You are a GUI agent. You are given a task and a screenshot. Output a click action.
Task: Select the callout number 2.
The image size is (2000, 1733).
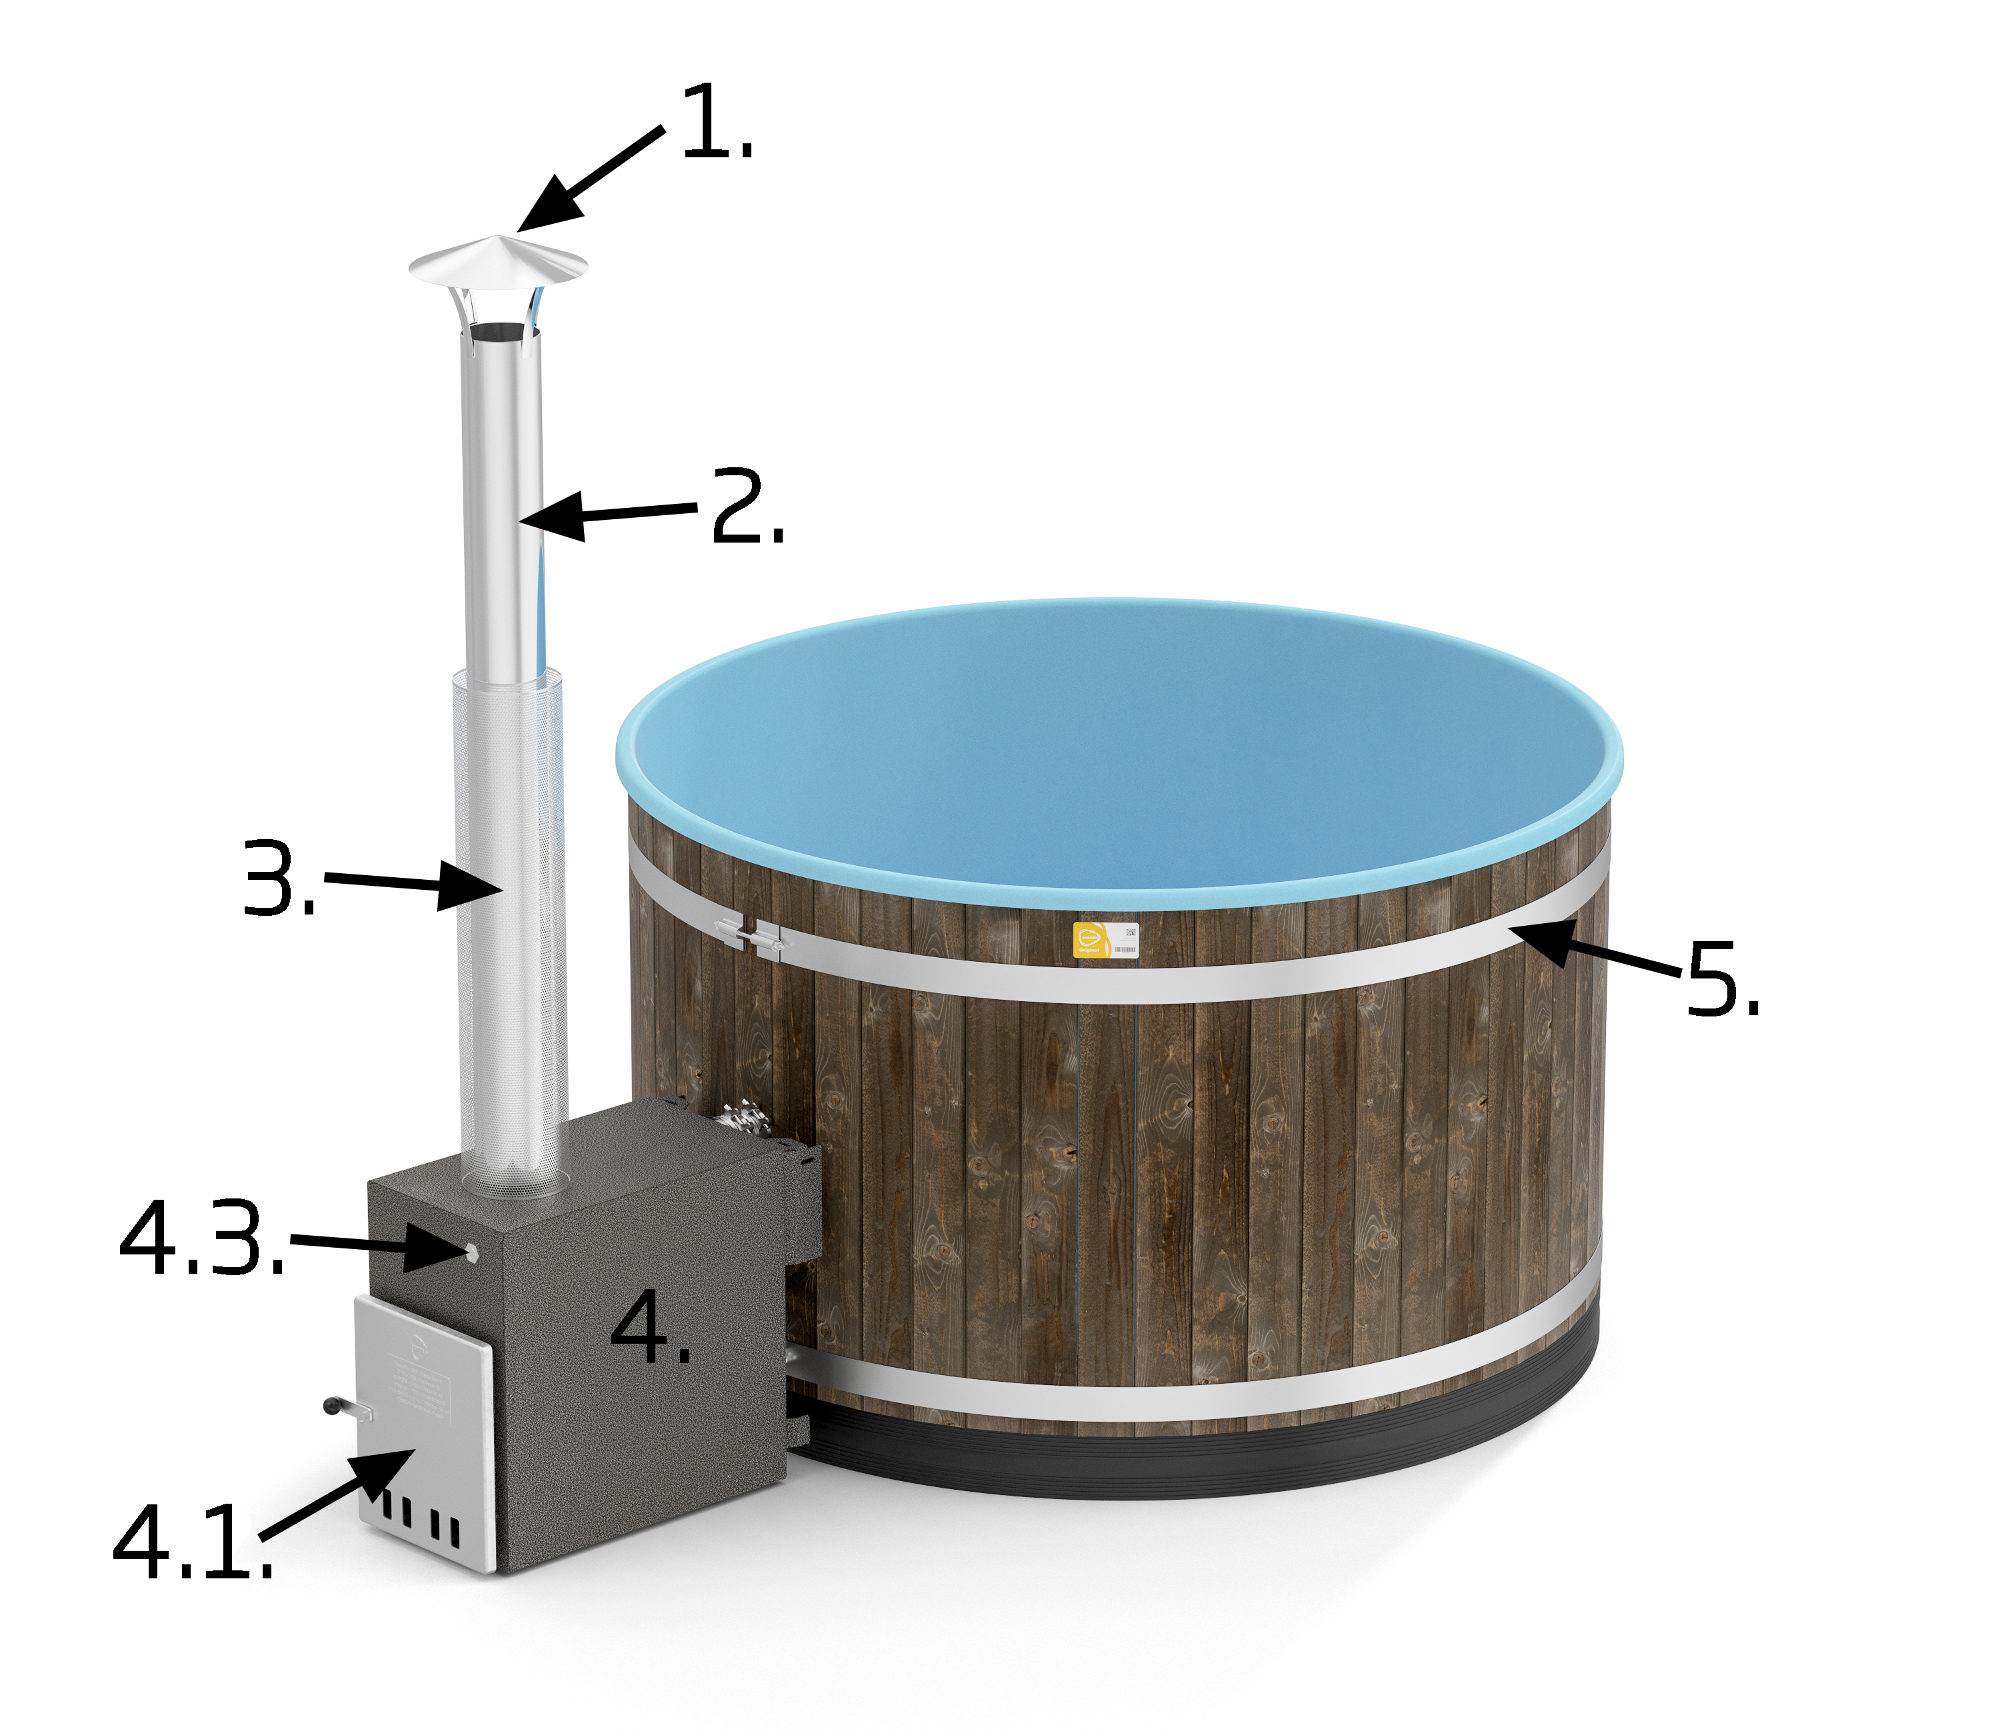tap(747, 509)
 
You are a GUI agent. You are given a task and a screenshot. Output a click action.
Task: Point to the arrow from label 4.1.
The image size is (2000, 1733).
tap(339, 1494)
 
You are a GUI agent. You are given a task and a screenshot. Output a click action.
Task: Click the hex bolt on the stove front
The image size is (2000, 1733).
tap(471, 1252)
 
